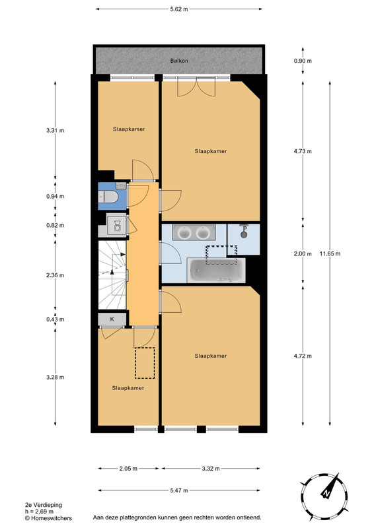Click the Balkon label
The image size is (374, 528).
pos(179,61)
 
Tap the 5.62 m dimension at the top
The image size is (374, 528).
pos(179,9)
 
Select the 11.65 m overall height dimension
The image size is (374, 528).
pos(330,253)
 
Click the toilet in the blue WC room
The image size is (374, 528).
pos(108,197)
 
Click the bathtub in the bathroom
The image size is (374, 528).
pos(216,271)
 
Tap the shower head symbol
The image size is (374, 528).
pos(243,231)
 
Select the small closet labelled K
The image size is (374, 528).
pos(112,319)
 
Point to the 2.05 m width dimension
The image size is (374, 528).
pos(128,469)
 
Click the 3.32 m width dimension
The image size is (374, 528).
pos(211,469)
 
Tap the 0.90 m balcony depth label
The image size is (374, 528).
pos(303,61)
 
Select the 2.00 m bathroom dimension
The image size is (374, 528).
pos(303,253)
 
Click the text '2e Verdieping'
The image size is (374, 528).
pos(44,505)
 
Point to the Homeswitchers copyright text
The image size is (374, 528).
pos(48,518)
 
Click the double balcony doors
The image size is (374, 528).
pos(197,86)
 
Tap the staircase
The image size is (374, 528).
pos(112,275)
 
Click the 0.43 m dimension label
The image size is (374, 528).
pos(56,319)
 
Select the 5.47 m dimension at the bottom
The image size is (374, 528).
pos(179,490)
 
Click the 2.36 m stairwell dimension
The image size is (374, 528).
pos(56,275)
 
